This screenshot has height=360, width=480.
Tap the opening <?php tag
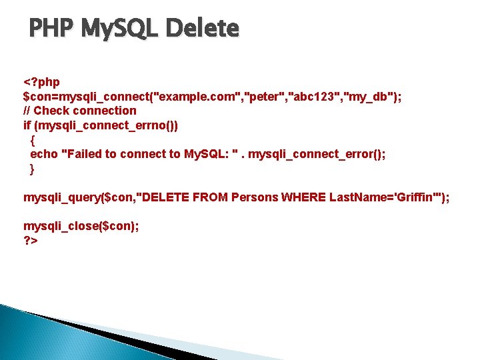pyautogui.click(x=41, y=82)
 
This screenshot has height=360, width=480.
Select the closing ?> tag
pyautogui.click(x=31, y=241)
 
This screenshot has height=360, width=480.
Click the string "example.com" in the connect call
pyautogui.click(x=198, y=97)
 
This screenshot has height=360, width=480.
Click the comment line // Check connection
pyautogui.click(x=79, y=111)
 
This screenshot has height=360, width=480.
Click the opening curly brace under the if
pyautogui.click(x=33, y=140)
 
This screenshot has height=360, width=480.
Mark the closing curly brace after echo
pyautogui.click(x=33, y=169)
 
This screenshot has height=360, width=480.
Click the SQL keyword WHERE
pyautogui.click(x=303, y=197)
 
